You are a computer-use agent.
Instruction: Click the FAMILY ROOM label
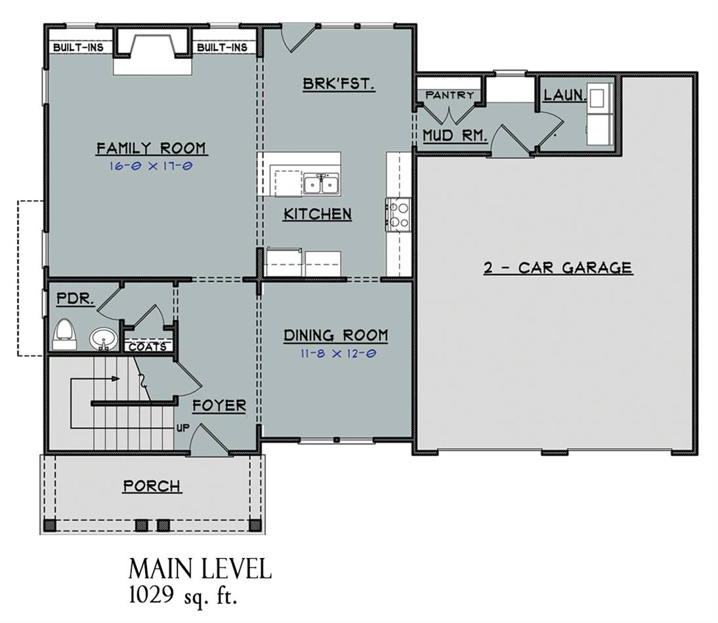point(152,148)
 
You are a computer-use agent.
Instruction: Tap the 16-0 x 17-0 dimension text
point(151,165)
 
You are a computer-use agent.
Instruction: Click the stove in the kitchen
point(398,215)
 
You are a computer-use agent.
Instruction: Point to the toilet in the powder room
point(64,335)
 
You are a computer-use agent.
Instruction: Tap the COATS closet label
point(148,347)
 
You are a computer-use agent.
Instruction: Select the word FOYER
point(219,405)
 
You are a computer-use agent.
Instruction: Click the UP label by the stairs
point(182,429)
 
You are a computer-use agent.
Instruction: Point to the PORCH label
point(152,486)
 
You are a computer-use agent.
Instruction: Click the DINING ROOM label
point(335,335)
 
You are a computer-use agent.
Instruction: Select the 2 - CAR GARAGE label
point(559,267)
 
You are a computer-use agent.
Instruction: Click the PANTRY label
point(450,95)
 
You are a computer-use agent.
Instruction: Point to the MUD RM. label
point(454,135)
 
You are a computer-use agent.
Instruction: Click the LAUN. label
point(565,95)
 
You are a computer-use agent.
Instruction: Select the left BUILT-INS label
point(78,47)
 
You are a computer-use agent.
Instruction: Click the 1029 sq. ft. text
point(183,596)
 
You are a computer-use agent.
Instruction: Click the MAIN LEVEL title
point(200,569)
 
